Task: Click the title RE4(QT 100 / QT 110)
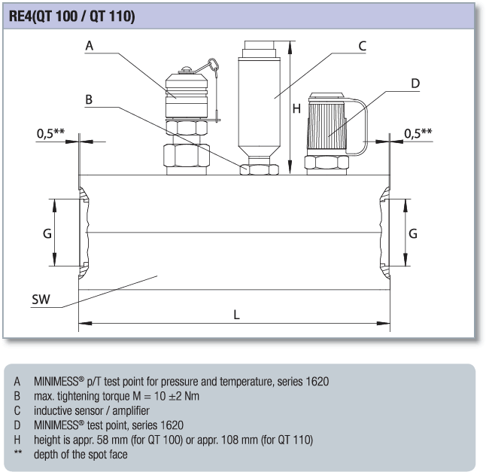click(x=72, y=16)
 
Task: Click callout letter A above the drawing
click(x=89, y=46)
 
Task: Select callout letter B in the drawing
click(x=89, y=99)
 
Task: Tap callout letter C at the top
click(x=362, y=46)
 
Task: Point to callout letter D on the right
click(x=415, y=83)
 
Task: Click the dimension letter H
click(x=296, y=108)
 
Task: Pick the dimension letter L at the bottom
click(x=236, y=315)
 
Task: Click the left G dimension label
click(x=47, y=233)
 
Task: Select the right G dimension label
click(x=412, y=233)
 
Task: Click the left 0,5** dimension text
click(x=50, y=133)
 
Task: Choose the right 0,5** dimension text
click(x=418, y=133)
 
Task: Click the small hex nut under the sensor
click(x=257, y=168)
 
